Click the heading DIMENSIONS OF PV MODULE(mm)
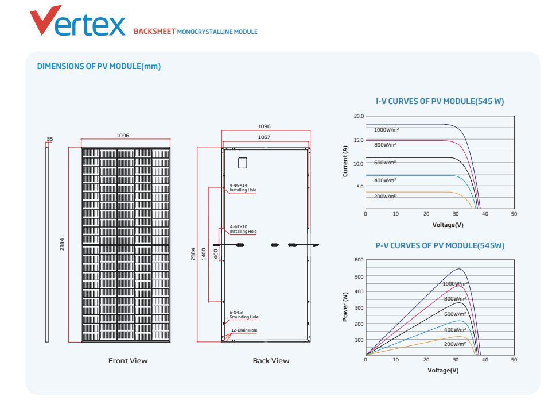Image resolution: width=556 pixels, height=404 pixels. coord(99,66)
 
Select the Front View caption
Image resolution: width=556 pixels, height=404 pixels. coord(128,361)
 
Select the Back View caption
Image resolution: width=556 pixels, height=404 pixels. coord(271,361)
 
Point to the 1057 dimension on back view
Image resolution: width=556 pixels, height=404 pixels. coord(265,137)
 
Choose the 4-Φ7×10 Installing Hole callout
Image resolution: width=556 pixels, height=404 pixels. coord(243,229)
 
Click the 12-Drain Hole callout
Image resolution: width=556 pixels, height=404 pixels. coord(244,330)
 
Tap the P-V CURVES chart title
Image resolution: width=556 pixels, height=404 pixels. coord(440,245)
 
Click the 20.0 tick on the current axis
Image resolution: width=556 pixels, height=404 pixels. coord(359,116)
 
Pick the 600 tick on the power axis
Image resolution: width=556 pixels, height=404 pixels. coord(359,260)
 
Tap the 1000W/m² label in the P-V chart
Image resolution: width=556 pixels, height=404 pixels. coord(455,284)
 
